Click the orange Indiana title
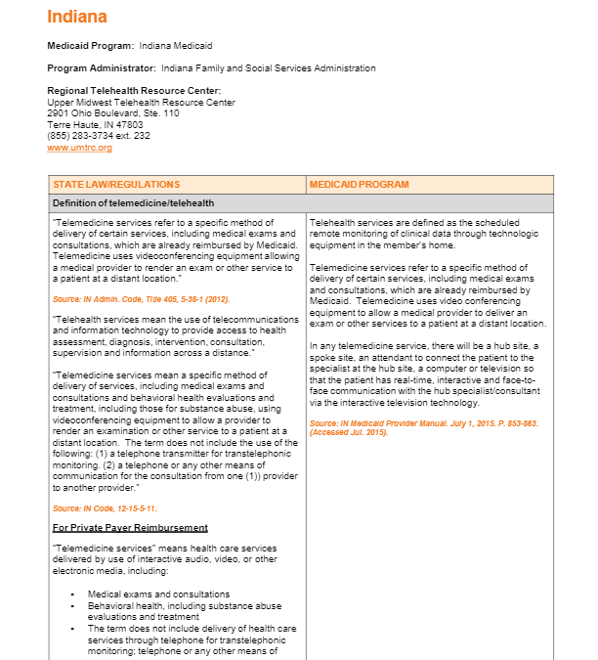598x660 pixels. (77, 18)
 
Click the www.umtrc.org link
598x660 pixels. (79, 148)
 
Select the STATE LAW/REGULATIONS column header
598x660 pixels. (116, 185)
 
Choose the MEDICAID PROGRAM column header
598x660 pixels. (359, 185)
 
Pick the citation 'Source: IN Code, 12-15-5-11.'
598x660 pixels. (105, 508)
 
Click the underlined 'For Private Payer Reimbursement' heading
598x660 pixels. (130, 528)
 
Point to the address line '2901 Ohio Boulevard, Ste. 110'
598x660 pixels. (113, 113)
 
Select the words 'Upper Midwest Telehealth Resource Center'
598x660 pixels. (141, 103)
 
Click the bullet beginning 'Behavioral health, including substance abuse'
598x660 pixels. (184, 606)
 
